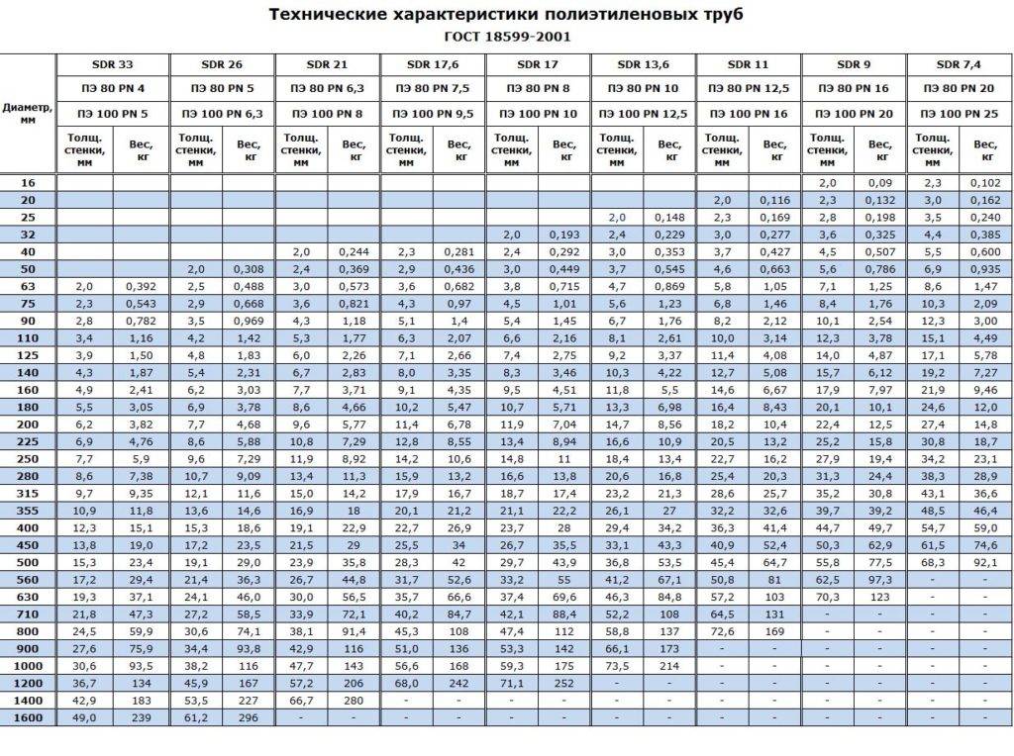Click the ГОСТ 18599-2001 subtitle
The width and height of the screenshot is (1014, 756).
coord(507,37)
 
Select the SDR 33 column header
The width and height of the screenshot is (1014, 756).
coord(113,64)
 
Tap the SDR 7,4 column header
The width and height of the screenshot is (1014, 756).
coord(959,64)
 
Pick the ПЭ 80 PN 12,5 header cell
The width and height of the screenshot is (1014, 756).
coord(748,89)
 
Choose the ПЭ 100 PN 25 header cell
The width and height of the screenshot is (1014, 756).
coord(959,114)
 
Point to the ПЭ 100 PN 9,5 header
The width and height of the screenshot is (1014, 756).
coord(432,114)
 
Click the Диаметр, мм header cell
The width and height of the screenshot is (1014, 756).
coord(28,113)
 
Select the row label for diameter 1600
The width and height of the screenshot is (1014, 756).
coord(28,717)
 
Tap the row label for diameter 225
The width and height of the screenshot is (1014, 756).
coord(28,442)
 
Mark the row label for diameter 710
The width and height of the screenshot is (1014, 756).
coord(28,614)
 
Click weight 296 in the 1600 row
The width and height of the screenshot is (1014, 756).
coord(248,717)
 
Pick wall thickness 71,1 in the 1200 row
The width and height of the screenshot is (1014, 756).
coord(512,683)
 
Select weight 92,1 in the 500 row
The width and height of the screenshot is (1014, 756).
coord(985,562)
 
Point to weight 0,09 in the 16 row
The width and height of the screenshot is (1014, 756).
coord(879,183)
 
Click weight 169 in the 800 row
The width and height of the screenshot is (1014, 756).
coord(774,631)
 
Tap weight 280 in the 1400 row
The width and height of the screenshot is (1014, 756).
coord(354,700)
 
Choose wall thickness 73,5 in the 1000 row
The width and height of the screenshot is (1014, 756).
coord(617,666)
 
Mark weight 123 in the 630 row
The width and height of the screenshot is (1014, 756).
coord(879,597)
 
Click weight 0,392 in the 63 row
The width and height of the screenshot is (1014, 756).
coord(141,285)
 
